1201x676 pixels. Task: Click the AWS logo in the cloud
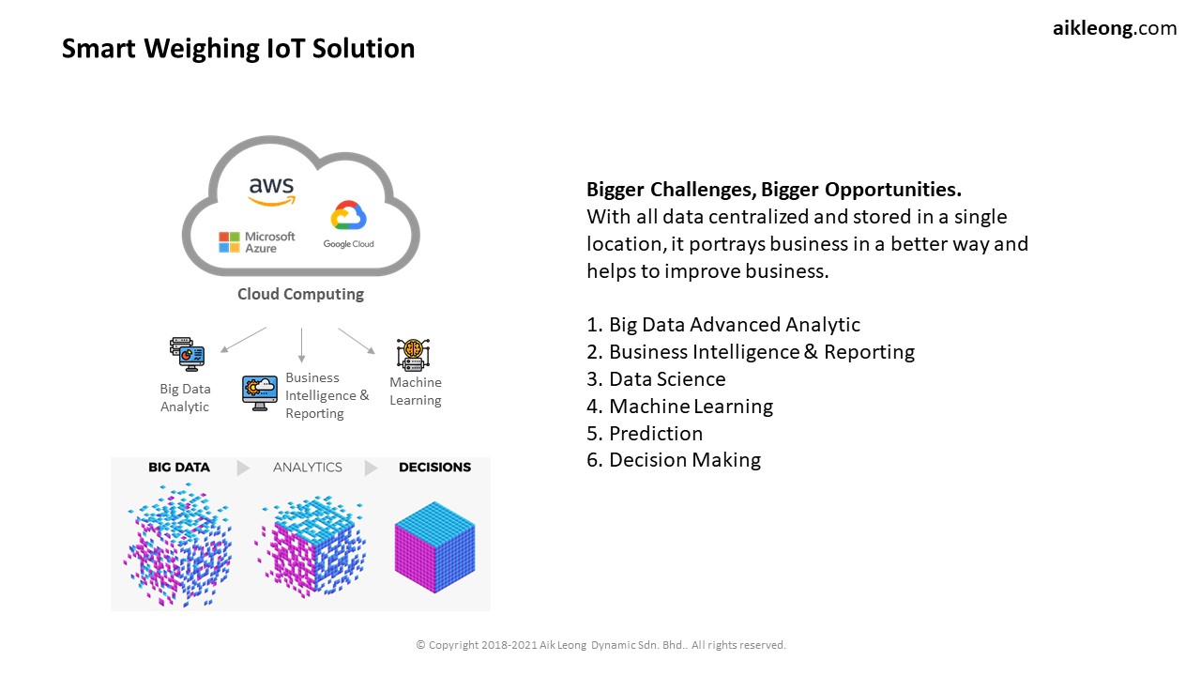[x=272, y=192]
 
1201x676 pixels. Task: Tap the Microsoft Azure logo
[x=257, y=242]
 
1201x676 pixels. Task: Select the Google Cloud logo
[x=348, y=224]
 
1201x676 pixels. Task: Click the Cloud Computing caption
[x=300, y=294]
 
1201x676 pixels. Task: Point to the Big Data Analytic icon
[x=187, y=354]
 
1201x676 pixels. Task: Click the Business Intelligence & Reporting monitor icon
[x=260, y=392]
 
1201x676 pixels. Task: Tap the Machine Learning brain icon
[x=414, y=354]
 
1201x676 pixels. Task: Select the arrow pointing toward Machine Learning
[x=357, y=341]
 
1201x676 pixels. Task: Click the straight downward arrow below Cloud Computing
[x=301, y=345]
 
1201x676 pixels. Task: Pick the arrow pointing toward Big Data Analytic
[x=243, y=340]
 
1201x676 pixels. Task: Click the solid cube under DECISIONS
[x=434, y=546]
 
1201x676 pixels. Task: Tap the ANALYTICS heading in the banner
[x=307, y=468]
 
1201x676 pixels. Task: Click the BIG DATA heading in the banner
[x=179, y=468]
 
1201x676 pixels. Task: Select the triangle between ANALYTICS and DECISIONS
[x=371, y=468]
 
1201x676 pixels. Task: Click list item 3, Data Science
[x=656, y=378]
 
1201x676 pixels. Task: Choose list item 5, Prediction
[x=645, y=433]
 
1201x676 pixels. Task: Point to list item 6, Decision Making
[x=674, y=460]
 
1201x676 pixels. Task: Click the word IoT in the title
[x=286, y=48]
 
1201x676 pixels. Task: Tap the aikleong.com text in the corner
[x=1115, y=28]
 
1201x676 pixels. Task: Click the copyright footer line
[x=601, y=645]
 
